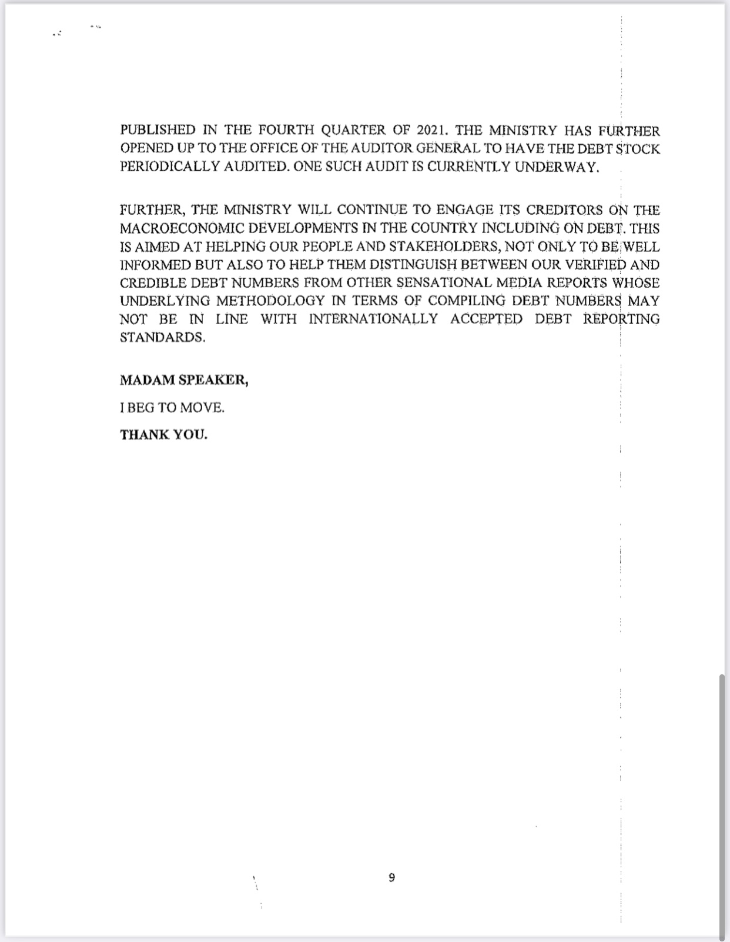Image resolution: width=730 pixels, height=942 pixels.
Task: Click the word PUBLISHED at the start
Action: coord(149,130)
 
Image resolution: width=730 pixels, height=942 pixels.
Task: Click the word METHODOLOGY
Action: coord(270,301)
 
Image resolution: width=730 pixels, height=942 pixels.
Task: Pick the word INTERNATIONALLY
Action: coord(373,319)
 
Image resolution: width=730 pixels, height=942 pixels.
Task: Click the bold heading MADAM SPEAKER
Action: coord(184,380)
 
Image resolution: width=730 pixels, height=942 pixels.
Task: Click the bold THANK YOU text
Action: coord(163,435)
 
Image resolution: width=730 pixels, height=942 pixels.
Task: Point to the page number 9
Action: coord(392,878)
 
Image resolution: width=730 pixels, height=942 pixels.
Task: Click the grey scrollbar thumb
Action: coord(722,806)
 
